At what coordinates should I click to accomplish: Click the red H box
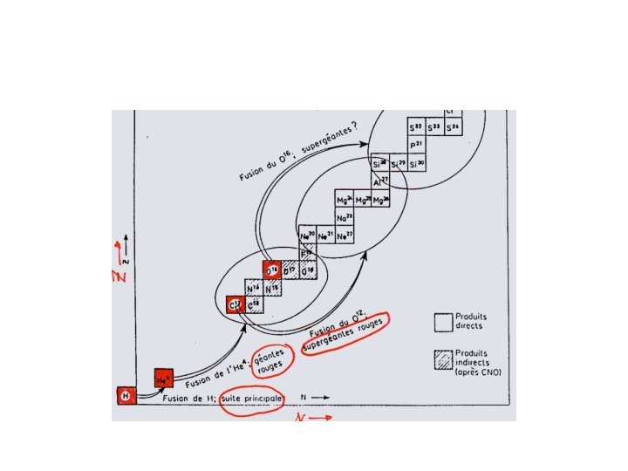126,395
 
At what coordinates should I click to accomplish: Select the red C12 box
234,304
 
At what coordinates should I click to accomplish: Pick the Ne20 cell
306,236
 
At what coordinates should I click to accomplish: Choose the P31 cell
417,145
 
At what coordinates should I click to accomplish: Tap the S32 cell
417,127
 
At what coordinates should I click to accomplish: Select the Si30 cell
417,163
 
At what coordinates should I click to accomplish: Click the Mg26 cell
382,200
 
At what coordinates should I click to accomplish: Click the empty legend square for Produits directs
444,321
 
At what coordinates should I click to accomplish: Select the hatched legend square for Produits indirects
444,359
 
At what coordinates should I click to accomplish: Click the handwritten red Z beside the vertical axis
119,276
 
